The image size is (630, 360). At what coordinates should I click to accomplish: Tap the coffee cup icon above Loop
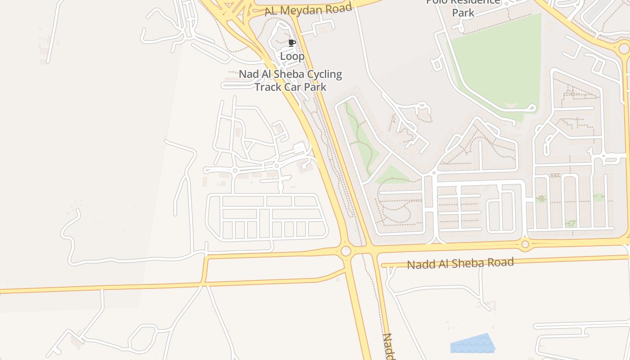pos(292,43)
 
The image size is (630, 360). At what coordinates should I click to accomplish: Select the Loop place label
pos(292,56)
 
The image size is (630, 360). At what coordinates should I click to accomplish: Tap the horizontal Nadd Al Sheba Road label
pos(460,263)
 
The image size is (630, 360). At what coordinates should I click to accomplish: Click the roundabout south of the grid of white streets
pos(346,251)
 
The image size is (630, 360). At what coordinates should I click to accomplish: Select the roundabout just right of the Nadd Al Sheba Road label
pos(525,244)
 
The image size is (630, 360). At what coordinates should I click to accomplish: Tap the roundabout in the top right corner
pos(624,49)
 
